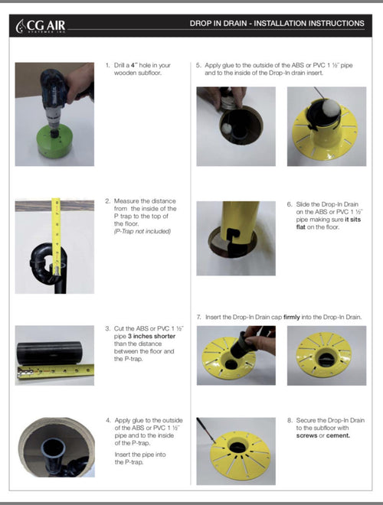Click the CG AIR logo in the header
(x=41, y=26)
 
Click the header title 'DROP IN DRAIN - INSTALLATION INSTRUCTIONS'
(x=277, y=24)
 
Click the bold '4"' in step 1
(x=134, y=65)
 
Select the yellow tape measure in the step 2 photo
(x=56, y=236)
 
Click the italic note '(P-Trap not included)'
(x=142, y=231)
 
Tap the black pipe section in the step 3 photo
(x=49, y=353)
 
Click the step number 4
(x=108, y=420)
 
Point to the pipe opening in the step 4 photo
(x=53, y=447)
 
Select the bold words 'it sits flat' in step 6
(x=328, y=223)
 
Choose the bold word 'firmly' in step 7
(x=291, y=317)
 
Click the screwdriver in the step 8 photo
(x=206, y=430)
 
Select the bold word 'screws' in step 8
(x=306, y=436)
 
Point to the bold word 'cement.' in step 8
(x=338, y=436)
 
